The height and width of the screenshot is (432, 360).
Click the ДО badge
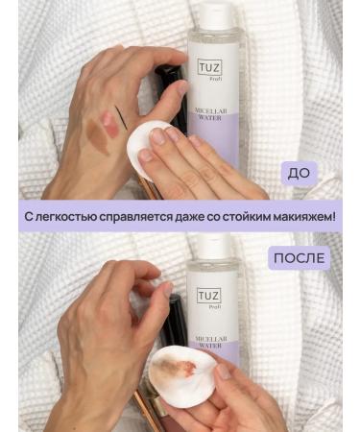click(300, 174)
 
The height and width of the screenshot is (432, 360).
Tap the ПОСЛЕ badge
click(299, 258)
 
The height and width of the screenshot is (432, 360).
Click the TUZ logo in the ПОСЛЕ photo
click(209, 298)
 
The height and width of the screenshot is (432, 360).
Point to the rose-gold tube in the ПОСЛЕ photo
click(149, 403)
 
